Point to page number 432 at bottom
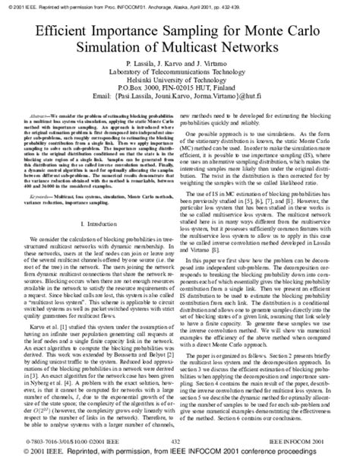point(180,440)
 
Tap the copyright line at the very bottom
point(180,458)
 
